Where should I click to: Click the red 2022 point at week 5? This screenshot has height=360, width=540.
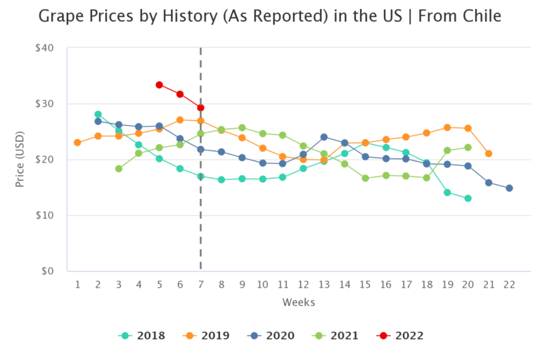[x=160, y=85]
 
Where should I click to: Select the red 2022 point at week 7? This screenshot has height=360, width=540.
[x=200, y=108]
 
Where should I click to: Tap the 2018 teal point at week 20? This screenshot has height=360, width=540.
[x=468, y=198]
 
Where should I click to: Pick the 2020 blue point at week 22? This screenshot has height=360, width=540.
[x=509, y=188]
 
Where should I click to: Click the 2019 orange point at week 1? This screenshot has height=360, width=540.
[x=77, y=143]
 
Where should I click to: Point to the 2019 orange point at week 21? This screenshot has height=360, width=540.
[x=489, y=153]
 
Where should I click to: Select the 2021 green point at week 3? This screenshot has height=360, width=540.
[x=118, y=169]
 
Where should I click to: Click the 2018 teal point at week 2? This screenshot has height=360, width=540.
[x=98, y=114]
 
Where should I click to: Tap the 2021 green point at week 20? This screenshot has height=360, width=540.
[x=468, y=148]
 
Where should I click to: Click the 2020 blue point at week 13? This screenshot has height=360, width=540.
[x=324, y=137]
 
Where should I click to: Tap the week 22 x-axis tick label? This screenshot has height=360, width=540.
[x=509, y=284]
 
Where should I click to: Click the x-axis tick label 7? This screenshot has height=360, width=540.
[x=200, y=284]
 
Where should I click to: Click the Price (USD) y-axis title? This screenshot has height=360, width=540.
[x=20, y=160]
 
